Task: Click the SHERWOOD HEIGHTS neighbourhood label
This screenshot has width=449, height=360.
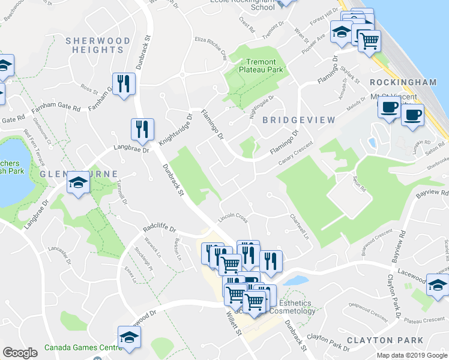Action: [98, 45]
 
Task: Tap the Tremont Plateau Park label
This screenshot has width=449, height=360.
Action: [258, 66]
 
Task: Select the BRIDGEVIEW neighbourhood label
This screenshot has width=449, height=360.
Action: [303, 120]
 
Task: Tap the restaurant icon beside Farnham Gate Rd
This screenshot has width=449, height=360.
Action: [123, 84]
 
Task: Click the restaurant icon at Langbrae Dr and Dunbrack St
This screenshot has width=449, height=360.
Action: [142, 129]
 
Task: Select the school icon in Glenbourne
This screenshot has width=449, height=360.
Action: [78, 183]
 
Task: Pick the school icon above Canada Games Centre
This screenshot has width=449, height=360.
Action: [129, 337]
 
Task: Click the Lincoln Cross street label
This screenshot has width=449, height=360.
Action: [232, 218]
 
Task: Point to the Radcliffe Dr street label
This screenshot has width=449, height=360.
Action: [159, 229]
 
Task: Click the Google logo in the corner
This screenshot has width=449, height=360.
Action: [20, 353]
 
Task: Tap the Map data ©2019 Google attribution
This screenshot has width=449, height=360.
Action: [411, 355]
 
